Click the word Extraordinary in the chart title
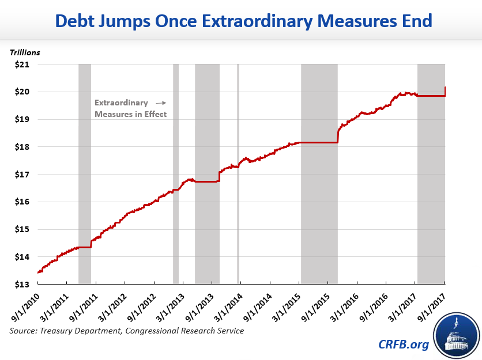[229, 22]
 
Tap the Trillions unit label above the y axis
[25, 52]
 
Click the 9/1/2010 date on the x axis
[22, 306]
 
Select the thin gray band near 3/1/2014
[238, 173]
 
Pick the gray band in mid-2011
[85, 173]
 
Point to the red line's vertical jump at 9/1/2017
[445, 91]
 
